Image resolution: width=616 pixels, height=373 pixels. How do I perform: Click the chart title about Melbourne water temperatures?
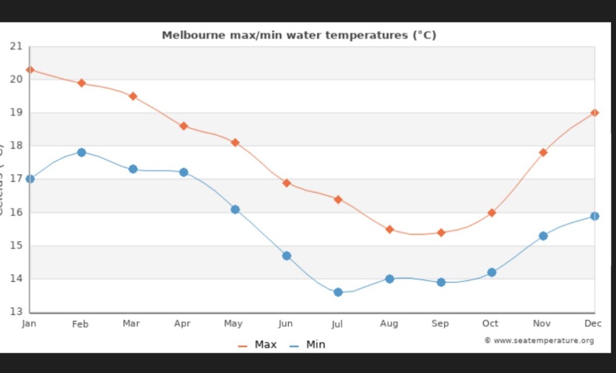[x=299, y=35]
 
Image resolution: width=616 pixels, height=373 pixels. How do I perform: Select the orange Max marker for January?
[x=30, y=69]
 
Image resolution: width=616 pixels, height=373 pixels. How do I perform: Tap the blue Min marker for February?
[x=81, y=152]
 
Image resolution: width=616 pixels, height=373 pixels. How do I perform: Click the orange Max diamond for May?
[x=235, y=142]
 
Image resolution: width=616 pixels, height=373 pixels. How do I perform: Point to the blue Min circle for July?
[x=338, y=292]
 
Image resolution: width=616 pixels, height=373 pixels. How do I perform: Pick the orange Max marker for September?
[x=441, y=233]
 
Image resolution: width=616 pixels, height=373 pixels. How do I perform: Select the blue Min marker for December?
[x=595, y=216]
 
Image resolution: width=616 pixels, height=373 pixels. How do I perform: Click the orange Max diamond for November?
[x=543, y=152]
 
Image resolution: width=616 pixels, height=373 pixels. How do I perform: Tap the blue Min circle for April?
[x=184, y=172]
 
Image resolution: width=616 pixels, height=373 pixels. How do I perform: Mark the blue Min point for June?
[x=286, y=256]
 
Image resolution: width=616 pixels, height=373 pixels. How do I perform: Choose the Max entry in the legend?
[x=258, y=345]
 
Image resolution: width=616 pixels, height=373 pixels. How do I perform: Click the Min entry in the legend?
[x=308, y=345]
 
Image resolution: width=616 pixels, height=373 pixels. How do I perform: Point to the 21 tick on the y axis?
[x=17, y=46]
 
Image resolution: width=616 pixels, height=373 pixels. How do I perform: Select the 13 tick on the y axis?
[x=17, y=312]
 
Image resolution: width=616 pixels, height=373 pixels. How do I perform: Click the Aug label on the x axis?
[x=389, y=324]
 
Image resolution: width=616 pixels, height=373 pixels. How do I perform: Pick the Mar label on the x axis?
[x=131, y=324]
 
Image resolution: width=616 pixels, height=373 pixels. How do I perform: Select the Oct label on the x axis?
[x=490, y=324]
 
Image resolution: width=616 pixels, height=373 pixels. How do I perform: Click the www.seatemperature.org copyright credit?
[x=539, y=340]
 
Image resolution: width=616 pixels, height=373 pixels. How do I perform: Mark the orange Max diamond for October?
[x=491, y=212]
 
